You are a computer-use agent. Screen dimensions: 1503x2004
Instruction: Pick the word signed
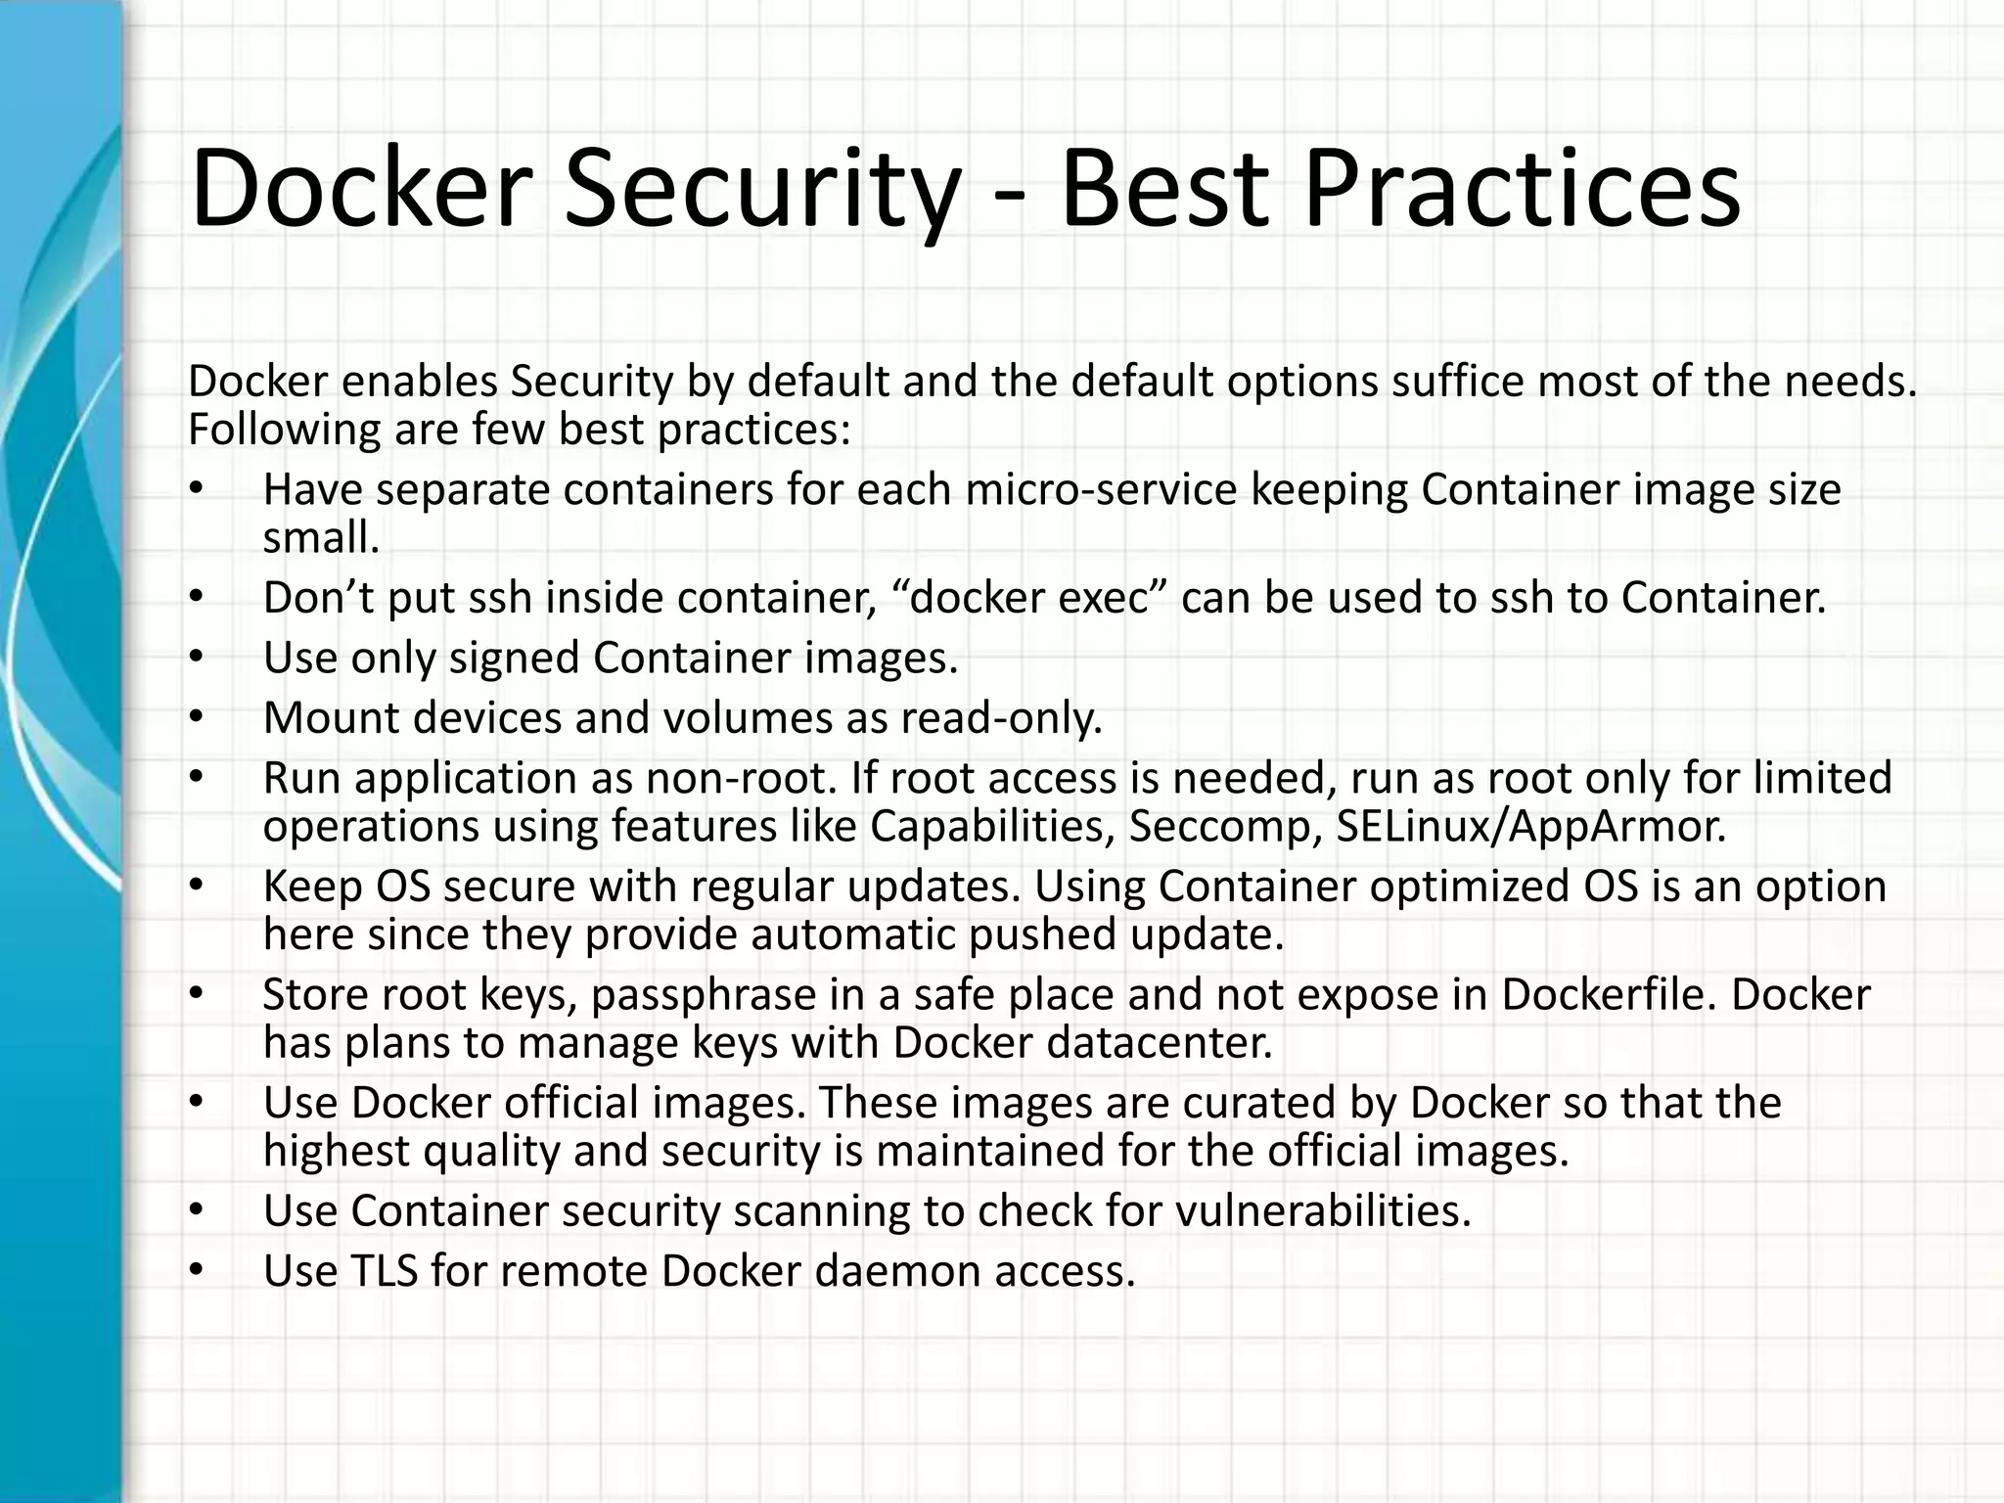(515, 658)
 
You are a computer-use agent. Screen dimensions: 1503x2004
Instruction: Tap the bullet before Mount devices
(196, 718)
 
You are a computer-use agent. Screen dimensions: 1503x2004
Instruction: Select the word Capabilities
(991, 827)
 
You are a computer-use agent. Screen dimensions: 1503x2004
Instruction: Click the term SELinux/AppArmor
(1530, 827)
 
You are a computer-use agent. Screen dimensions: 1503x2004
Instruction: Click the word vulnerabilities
(1322, 1211)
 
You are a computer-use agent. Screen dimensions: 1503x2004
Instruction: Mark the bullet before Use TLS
(196, 1271)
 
